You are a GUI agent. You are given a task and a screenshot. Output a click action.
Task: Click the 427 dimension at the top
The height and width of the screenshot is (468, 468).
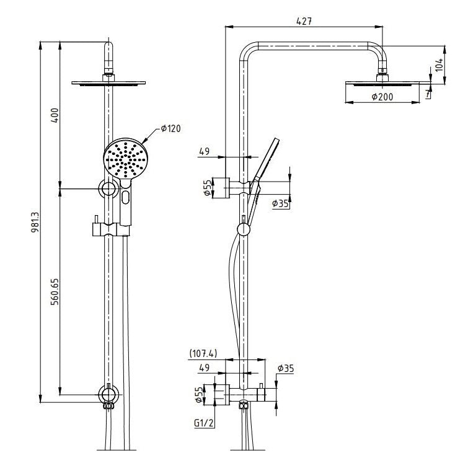[304, 20]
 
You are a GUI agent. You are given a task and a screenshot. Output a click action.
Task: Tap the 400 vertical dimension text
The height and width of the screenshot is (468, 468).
[55, 115]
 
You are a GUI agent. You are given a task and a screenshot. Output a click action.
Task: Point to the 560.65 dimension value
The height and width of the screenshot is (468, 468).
[55, 290]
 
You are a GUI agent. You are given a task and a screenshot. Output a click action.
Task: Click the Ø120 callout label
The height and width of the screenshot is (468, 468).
[170, 128]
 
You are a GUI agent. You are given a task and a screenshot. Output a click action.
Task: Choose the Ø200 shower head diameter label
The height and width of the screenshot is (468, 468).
[383, 97]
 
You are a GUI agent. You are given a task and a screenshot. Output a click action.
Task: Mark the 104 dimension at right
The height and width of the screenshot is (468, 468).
[439, 64]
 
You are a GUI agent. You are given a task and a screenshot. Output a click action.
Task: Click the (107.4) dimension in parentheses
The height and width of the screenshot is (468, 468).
[203, 354]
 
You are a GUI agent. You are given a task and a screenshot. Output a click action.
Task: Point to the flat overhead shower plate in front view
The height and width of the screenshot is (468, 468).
[110, 83]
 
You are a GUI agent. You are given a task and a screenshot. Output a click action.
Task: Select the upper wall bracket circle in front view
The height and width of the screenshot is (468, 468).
[109, 188]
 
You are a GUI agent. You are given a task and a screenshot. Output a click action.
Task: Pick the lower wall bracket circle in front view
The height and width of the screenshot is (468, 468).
[109, 394]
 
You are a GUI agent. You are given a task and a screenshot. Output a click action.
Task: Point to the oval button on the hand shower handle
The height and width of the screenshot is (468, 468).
[126, 199]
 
